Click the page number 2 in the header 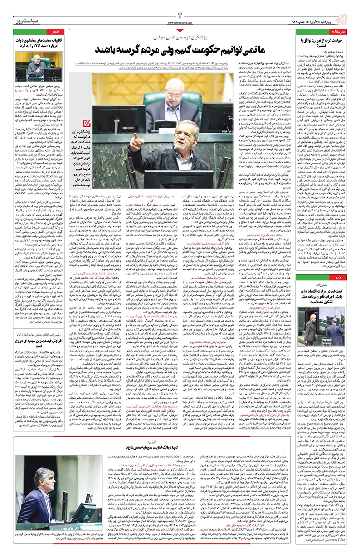tap(180, 6)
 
